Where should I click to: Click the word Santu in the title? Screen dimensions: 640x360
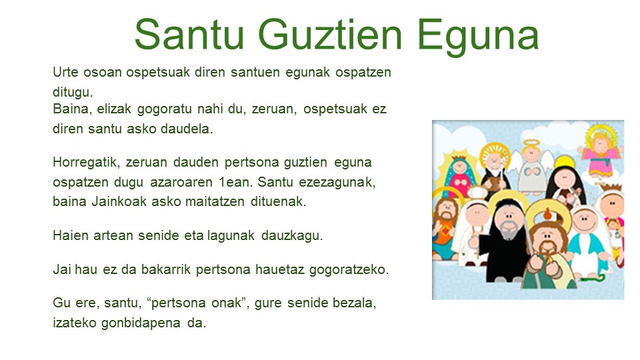pyautogui.click(x=189, y=34)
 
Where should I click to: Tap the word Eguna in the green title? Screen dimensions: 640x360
pyautogui.click(x=478, y=37)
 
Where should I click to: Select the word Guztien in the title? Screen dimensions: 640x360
pyautogui.click(x=330, y=34)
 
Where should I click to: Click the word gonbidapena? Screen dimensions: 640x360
pyautogui.click(x=141, y=323)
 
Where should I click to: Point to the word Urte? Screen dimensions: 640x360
pyautogui.click(x=65, y=72)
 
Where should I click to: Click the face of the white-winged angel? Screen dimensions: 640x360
pyautogui.click(x=531, y=154)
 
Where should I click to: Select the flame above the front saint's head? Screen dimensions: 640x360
pyautogui.click(x=547, y=214)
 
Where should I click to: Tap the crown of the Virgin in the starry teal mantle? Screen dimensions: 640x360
pyautogui.click(x=459, y=158)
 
